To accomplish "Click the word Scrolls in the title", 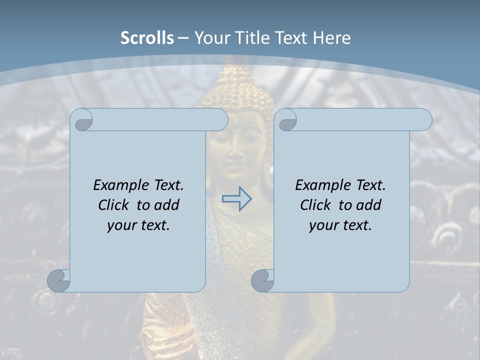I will pyautogui.click(x=147, y=38).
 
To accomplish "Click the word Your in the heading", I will pyautogui.click(x=210, y=38).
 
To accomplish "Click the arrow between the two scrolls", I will pyautogui.click(x=236, y=199).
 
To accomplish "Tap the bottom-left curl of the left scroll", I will pyautogui.click(x=59, y=281).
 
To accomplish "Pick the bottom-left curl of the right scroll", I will pyautogui.click(x=263, y=281).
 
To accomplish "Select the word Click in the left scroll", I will pyautogui.click(x=115, y=205).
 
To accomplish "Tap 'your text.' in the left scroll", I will pyautogui.click(x=138, y=225).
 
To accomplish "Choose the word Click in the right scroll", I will pyautogui.click(x=317, y=205).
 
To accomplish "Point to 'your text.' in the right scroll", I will pyautogui.click(x=340, y=225).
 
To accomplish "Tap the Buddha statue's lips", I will pyautogui.click(x=236, y=163).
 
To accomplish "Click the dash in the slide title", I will pyautogui.click(x=183, y=38).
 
